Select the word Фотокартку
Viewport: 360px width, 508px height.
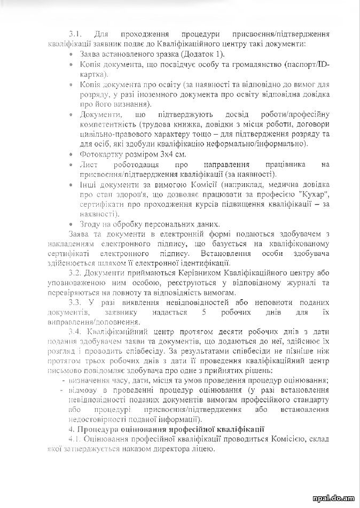coord(99,154)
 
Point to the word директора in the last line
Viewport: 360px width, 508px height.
coord(170,449)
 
